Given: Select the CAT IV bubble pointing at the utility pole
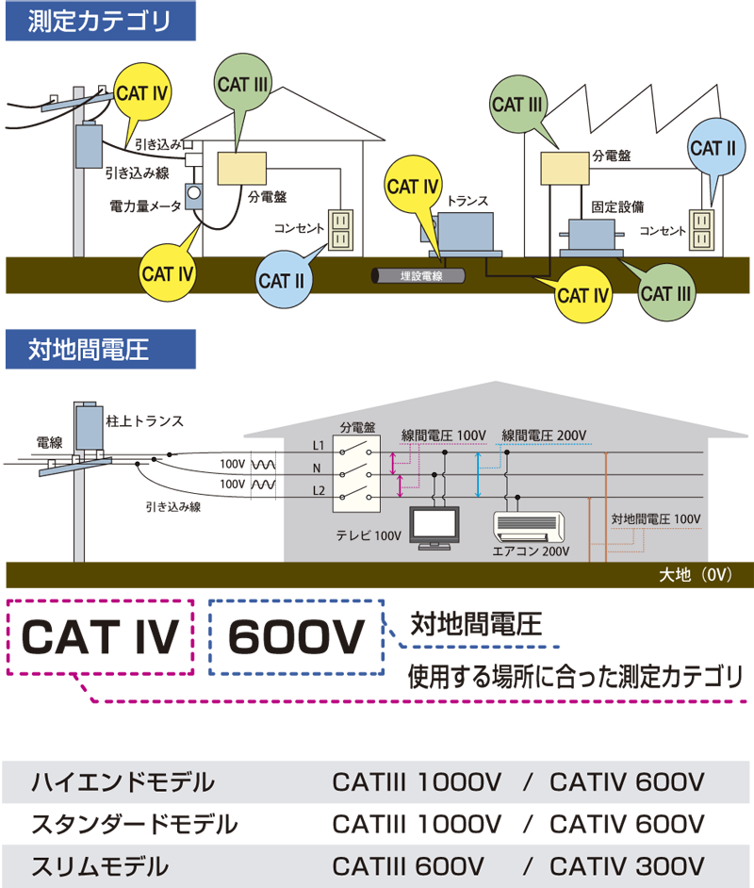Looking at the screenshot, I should click(x=142, y=93).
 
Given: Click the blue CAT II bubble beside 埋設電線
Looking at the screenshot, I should click(x=281, y=281).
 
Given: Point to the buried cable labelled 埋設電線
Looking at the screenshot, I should click(x=418, y=276).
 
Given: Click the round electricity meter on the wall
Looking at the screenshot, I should click(x=194, y=193).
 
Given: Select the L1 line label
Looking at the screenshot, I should click(x=318, y=444).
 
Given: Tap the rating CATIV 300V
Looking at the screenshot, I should click(x=627, y=865).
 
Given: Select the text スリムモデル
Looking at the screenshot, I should click(x=100, y=865).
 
